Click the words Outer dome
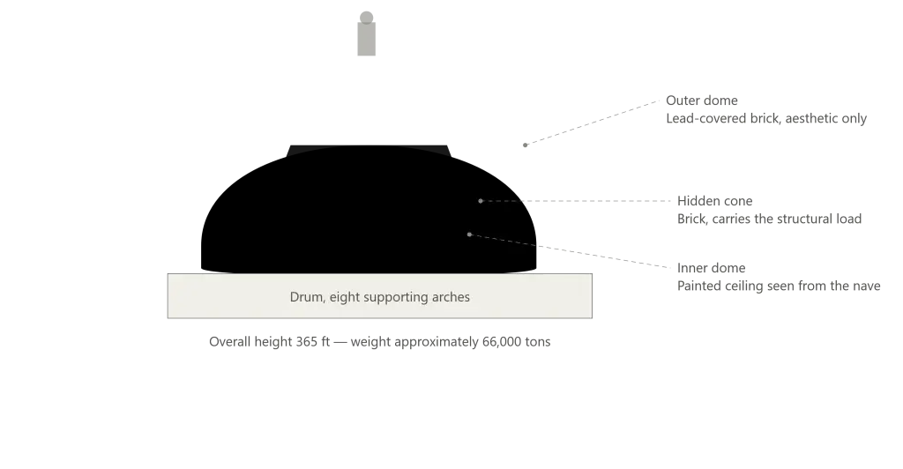(701, 100)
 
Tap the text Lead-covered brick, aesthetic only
(766, 118)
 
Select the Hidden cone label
(714, 201)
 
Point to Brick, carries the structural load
(769, 219)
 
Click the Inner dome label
(712, 268)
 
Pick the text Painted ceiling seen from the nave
(779, 286)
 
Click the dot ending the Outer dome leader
(526, 145)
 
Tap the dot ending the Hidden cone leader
(481, 201)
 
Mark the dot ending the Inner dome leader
(470, 234)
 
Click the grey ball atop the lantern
(366, 18)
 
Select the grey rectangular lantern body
(366, 39)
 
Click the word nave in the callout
(867, 286)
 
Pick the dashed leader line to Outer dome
(592, 123)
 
